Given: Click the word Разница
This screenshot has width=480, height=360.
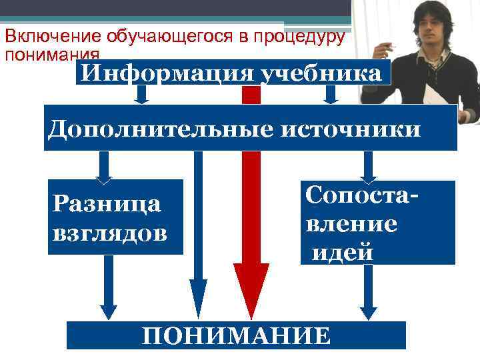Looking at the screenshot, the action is click(x=105, y=203).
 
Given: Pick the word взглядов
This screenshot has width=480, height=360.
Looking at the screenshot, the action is click(x=109, y=233).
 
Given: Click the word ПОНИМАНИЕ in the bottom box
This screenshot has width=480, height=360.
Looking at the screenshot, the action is click(x=236, y=335).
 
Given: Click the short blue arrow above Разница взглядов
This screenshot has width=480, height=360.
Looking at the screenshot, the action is click(x=105, y=167).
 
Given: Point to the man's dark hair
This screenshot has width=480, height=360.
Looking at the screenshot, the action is click(x=434, y=9).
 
